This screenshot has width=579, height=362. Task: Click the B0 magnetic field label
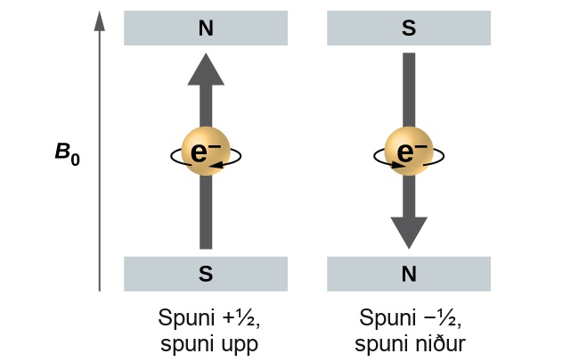tap(67, 153)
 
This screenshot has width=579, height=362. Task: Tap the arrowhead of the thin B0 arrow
tap(100, 21)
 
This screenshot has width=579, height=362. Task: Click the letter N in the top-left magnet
tap(206, 29)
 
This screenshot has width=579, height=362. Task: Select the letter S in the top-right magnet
tap(409, 29)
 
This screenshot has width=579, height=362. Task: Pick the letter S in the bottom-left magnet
tap(206, 274)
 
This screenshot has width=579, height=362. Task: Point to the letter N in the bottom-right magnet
tap(409, 274)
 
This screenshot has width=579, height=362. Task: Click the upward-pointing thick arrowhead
tap(206, 70)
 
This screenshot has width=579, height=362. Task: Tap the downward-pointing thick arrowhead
tap(409, 233)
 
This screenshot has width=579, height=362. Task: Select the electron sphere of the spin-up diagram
tap(206, 151)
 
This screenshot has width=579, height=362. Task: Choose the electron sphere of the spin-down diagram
tap(409, 151)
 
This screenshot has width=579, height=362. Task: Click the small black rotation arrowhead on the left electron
tap(216, 165)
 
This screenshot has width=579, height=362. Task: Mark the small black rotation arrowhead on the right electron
tap(398, 165)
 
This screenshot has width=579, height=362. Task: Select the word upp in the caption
tap(240, 345)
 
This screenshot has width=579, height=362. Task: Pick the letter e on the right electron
tap(405, 152)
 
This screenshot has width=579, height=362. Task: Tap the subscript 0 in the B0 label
tap(76, 160)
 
